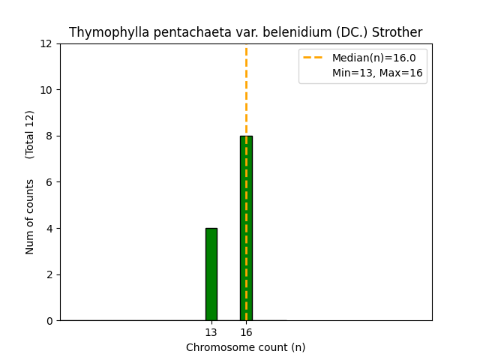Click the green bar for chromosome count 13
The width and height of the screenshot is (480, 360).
[x=211, y=274]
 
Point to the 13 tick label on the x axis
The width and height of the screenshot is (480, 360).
[x=211, y=332]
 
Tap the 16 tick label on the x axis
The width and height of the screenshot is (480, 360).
[x=246, y=332]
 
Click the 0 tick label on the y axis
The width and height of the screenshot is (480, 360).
[x=50, y=321]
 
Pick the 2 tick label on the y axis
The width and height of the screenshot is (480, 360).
[x=50, y=274]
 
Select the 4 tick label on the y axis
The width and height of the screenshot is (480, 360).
[x=50, y=229]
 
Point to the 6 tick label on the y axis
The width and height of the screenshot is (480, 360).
[x=50, y=182]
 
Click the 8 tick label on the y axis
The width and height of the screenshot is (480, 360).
[x=50, y=136]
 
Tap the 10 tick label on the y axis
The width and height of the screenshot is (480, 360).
[x=47, y=90]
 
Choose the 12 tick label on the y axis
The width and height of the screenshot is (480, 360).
[x=47, y=44]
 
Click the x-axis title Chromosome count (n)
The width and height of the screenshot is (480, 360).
[x=246, y=347]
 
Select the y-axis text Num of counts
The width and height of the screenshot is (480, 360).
[x=30, y=217]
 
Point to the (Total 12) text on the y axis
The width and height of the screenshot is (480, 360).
[x=30, y=134]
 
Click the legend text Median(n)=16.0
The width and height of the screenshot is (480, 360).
[x=374, y=58]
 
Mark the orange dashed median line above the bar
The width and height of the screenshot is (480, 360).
[x=246, y=90]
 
